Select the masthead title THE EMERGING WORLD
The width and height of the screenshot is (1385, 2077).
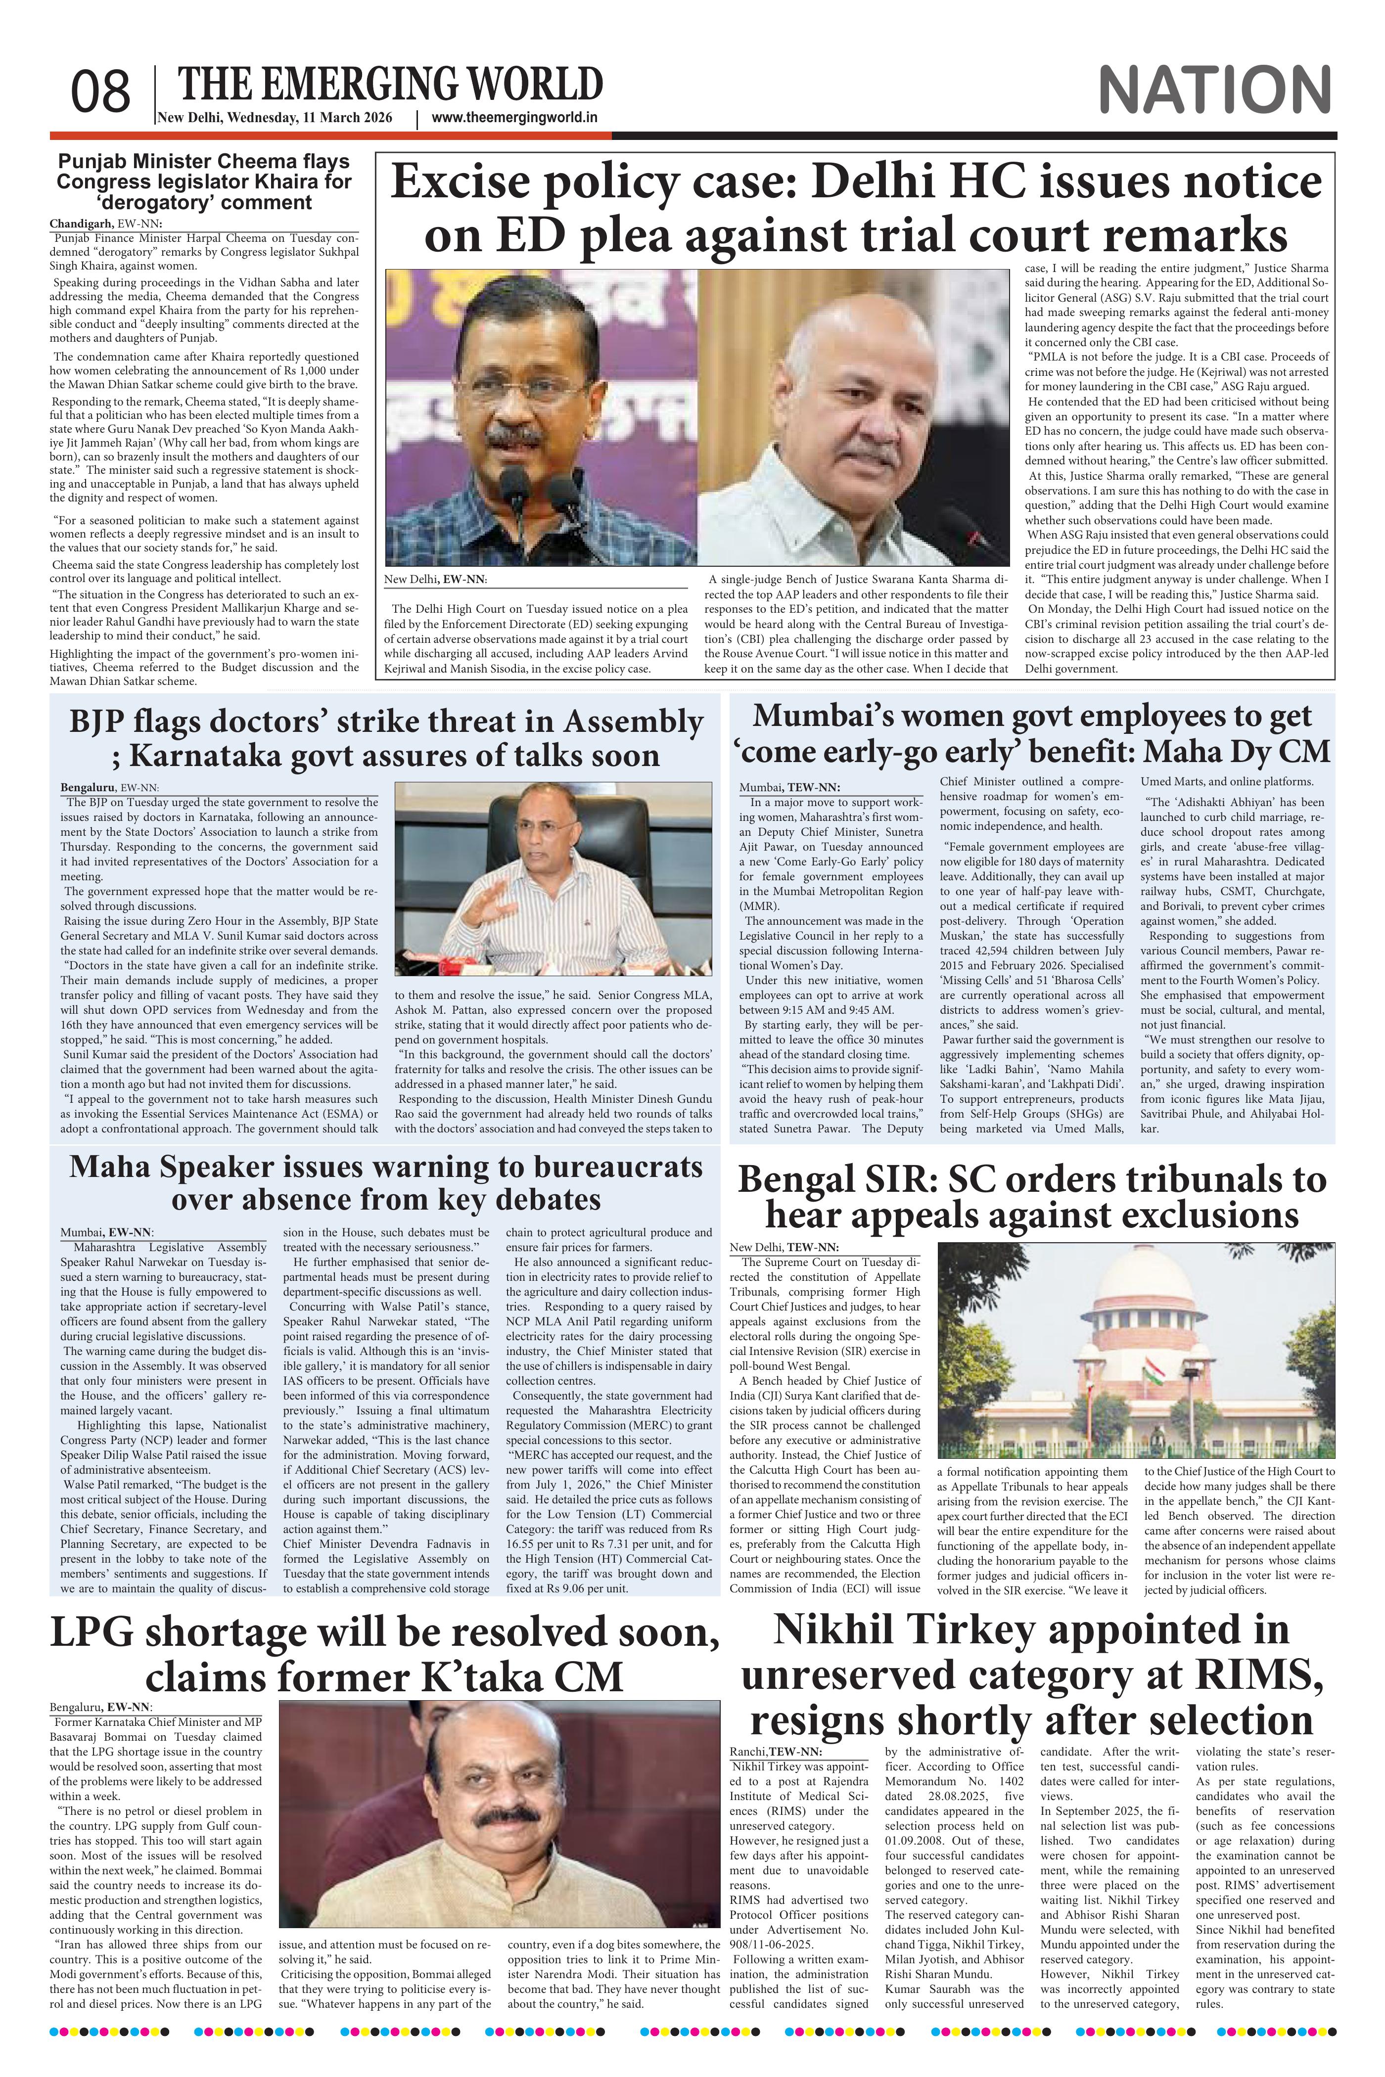(390, 85)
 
